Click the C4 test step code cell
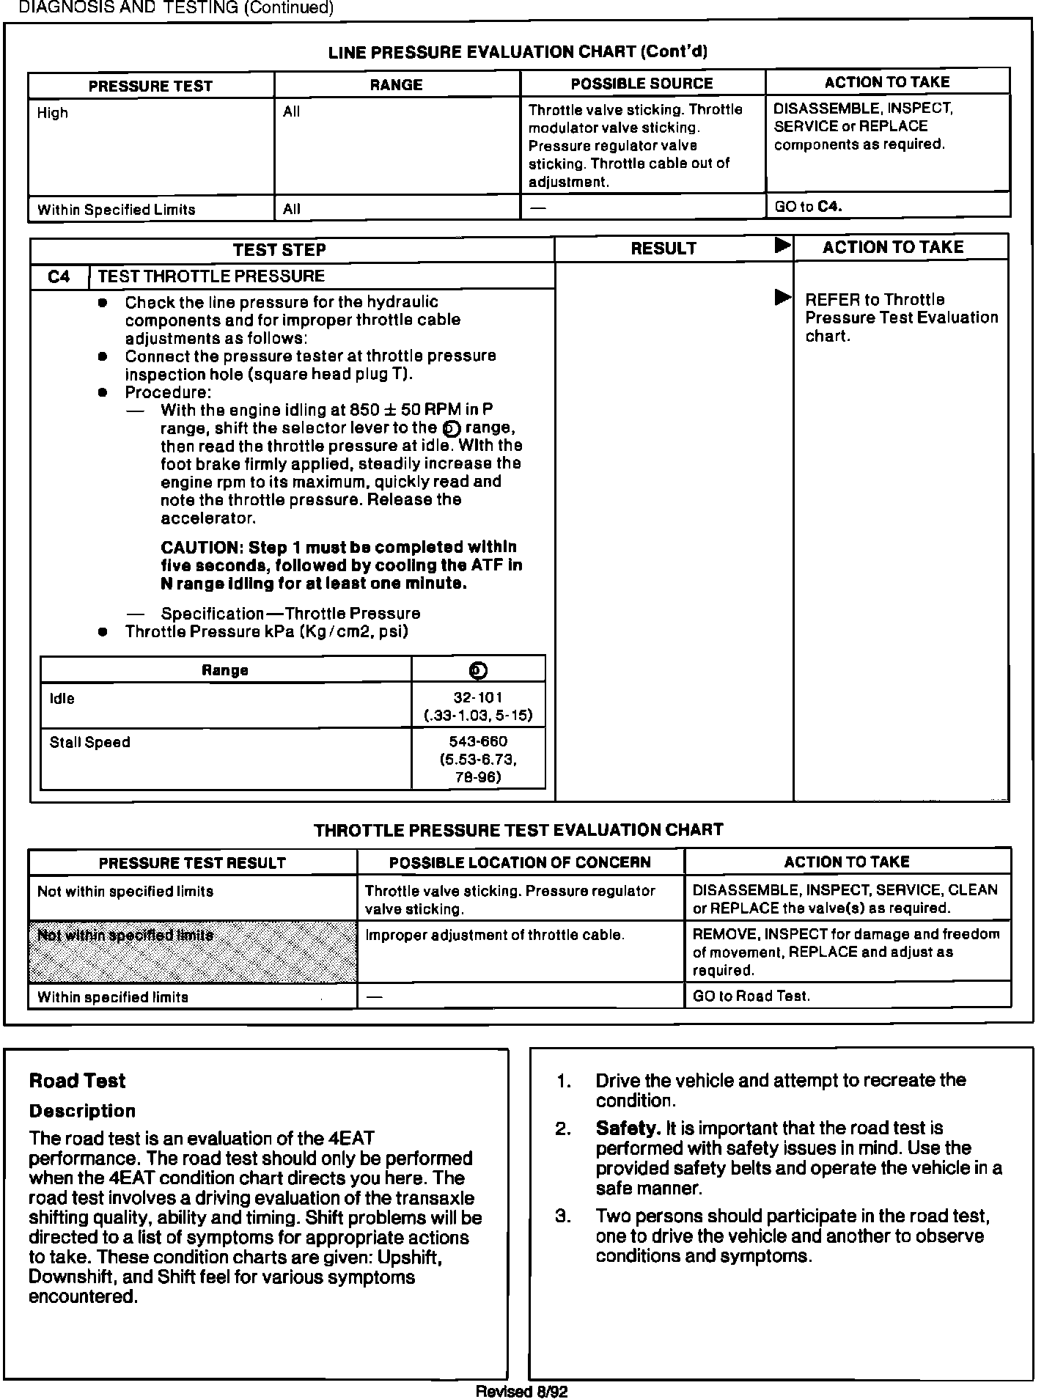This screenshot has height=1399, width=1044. (x=59, y=276)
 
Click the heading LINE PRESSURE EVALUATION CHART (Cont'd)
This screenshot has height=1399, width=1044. (x=518, y=52)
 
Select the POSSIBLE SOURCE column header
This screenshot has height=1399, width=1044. (x=642, y=84)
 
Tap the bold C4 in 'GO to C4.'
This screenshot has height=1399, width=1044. (x=829, y=207)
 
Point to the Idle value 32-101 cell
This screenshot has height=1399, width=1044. (x=478, y=706)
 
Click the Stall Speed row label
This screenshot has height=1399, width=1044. (x=90, y=742)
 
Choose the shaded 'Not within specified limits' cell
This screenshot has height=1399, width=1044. (x=192, y=951)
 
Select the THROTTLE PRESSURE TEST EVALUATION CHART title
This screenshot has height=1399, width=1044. (x=518, y=830)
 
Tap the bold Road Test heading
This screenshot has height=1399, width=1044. (x=77, y=1081)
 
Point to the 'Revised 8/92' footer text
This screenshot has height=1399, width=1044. (x=521, y=1392)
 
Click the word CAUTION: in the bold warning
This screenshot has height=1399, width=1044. (x=202, y=548)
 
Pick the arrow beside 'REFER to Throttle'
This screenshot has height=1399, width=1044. (x=783, y=298)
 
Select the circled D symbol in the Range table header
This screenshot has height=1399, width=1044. (x=479, y=670)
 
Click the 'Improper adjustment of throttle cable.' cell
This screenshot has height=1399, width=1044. (x=495, y=935)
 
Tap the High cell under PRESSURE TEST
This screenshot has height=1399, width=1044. (x=53, y=113)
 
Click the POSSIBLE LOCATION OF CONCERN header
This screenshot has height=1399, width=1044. (x=520, y=862)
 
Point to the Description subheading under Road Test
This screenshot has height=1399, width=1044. (x=82, y=1111)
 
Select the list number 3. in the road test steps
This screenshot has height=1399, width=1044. (x=563, y=1216)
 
